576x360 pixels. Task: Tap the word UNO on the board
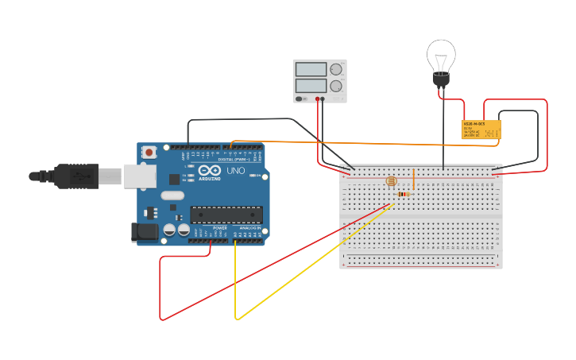click(x=236, y=171)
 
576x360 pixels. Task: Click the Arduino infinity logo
click(x=210, y=171)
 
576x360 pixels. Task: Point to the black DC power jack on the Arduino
click(x=141, y=232)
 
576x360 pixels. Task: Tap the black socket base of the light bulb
click(x=440, y=79)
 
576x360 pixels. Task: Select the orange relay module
click(x=481, y=130)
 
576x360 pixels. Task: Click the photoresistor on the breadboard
click(x=391, y=181)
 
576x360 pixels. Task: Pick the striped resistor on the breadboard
click(x=404, y=194)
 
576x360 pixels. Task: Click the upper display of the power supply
click(x=311, y=70)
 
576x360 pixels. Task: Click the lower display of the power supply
click(x=311, y=85)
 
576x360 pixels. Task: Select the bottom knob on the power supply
click(x=336, y=85)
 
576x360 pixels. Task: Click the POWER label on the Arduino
click(x=220, y=227)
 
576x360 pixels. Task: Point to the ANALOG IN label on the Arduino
click(x=251, y=227)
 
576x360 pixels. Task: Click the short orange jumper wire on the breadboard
click(x=413, y=180)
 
